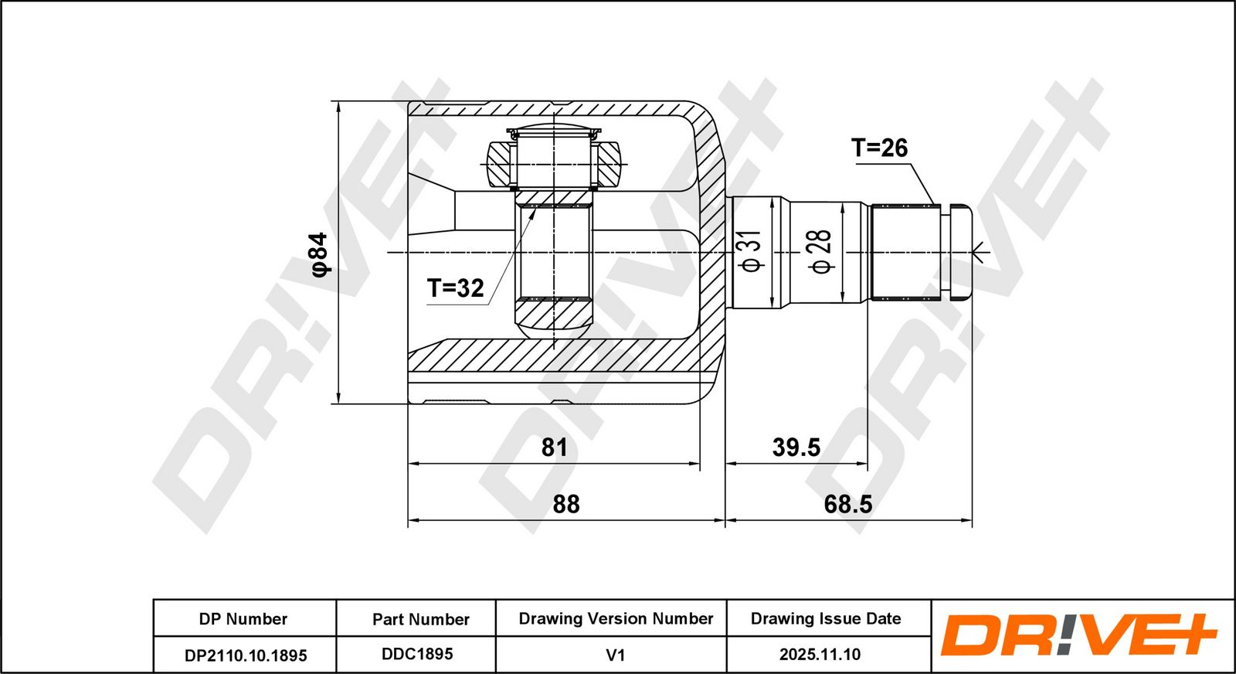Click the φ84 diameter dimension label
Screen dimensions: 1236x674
pos(320,254)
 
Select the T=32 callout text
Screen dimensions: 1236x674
pos(455,288)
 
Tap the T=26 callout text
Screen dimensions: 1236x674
pos(879,148)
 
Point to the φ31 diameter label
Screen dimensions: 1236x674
pos(752,251)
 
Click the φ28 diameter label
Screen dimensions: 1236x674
pos(821,252)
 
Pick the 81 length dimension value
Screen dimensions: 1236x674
pos(554,447)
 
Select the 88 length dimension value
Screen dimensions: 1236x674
pos(566,504)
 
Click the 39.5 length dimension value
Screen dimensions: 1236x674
pos(796,447)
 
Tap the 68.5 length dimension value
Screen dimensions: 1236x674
pos(848,504)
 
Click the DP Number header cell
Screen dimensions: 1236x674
pos(243,619)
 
